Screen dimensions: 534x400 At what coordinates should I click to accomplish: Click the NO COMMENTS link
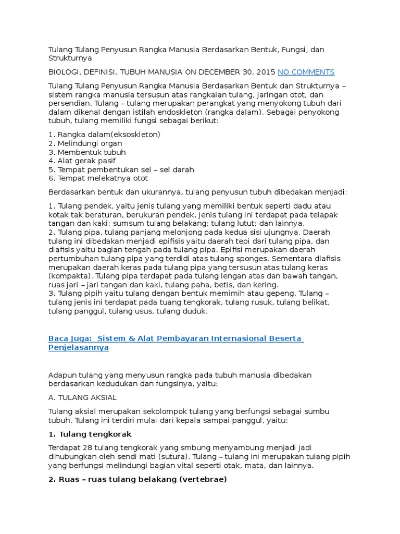306,72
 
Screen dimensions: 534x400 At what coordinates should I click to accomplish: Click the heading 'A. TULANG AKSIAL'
82,397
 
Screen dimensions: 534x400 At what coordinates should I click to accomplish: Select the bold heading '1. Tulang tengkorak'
90,434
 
